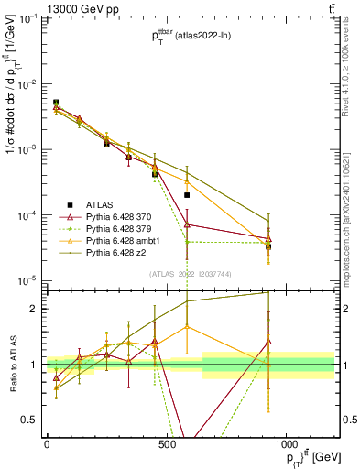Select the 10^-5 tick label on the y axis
point(27,279)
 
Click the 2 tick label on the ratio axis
point(33,309)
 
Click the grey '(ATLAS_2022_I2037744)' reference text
point(191,273)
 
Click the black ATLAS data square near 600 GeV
point(187,195)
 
